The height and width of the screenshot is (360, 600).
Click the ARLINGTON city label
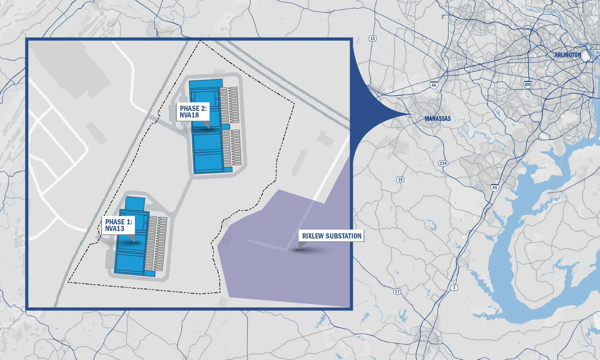point(567,55)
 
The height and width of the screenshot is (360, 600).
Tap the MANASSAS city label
point(438,119)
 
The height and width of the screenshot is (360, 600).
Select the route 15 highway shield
point(373,39)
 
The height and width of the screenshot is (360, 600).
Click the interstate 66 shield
point(434,85)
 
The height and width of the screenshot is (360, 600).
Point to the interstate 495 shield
point(527,85)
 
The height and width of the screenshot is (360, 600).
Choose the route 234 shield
point(443,163)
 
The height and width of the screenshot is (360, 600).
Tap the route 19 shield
point(400,180)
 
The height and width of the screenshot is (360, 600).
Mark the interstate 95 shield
point(495,188)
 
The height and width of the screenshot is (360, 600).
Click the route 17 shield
point(397,291)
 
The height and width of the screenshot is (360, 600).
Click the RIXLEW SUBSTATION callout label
point(332,236)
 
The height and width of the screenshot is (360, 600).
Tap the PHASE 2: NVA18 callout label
point(193,112)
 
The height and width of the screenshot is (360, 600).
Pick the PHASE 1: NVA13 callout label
point(118,225)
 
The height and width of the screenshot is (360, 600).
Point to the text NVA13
point(115,229)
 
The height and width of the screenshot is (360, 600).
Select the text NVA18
point(189,115)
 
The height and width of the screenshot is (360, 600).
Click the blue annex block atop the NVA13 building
point(135,203)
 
